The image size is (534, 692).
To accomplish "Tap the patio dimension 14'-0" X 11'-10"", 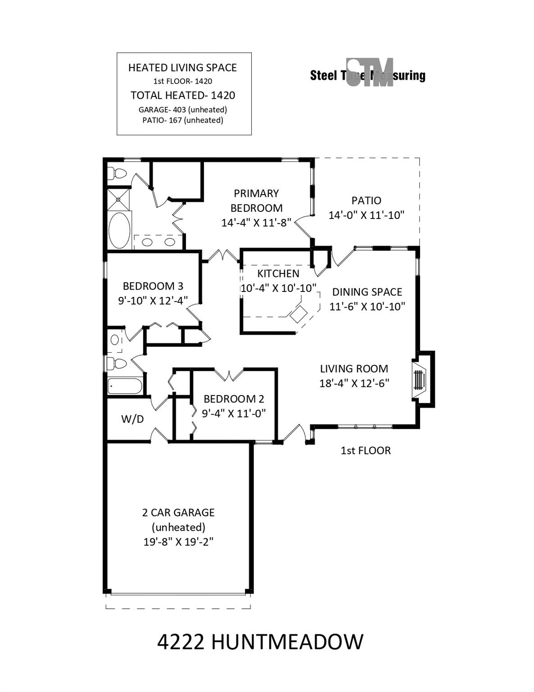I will pos(366,215).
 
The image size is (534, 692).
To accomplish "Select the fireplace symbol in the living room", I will pos(419,379).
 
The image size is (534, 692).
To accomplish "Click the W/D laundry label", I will pos(132,419).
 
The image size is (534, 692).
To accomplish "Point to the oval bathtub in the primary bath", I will pos(119,230).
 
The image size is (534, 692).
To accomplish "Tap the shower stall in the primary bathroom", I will pos(118,199).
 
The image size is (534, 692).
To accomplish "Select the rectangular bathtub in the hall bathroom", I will pos(125,386).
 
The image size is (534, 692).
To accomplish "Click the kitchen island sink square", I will pos(298,314).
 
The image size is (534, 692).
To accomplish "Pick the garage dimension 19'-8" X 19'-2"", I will pos(178,542).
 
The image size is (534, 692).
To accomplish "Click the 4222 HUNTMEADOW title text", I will pos(260,642).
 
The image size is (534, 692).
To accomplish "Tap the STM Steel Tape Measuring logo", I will pos(368,73).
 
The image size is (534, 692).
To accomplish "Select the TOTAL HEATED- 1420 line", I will pos(183,95).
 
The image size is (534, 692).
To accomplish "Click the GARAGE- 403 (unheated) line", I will pos(183,109).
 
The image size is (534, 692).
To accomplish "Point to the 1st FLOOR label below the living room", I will pos(366,451).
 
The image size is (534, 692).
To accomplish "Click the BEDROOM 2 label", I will pos(234,399).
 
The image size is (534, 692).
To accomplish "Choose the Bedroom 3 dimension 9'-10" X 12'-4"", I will pos(153,300).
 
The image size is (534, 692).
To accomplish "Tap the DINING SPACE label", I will pos(367,292).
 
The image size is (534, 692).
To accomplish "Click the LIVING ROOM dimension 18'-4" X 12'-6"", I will pos(354,383).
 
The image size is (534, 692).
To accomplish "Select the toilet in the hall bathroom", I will pos(116,363).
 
